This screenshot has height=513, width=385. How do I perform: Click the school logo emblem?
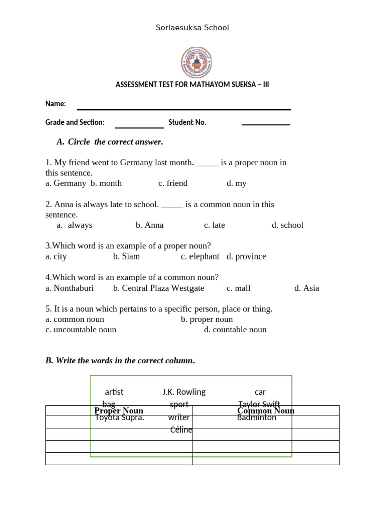click(x=196, y=62)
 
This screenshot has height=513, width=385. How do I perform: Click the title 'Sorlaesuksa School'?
click(x=192, y=28)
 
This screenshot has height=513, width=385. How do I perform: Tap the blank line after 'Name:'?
click(x=183, y=108)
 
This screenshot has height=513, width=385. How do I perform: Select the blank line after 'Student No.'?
click(x=266, y=124)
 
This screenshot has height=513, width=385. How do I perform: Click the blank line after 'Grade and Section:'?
click(x=139, y=126)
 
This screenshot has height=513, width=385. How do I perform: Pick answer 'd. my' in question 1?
click(x=236, y=183)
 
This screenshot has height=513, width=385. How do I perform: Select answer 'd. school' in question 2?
click(x=287, y=225)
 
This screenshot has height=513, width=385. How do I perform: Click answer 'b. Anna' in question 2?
click(x=149, y=225)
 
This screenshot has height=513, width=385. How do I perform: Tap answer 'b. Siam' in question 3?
click(x=126, y=256)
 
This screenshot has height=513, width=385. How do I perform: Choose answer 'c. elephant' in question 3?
click(x=200, y=256)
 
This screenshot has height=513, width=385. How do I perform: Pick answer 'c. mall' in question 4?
click(x=238, y=288)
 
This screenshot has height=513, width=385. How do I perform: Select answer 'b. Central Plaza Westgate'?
click(x=158, y=288)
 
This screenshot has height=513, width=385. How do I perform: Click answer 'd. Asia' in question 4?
click(x=306, y=288)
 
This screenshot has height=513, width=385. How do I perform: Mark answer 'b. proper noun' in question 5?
click(x=207, y=319)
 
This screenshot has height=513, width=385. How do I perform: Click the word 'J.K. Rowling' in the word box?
click(x=184, y=392)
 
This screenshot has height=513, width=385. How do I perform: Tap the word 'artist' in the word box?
click(x=114, y=392)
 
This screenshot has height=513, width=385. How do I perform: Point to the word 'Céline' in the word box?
click(x=181, y=430)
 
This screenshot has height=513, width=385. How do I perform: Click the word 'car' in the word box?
click(x=260, y=392)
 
